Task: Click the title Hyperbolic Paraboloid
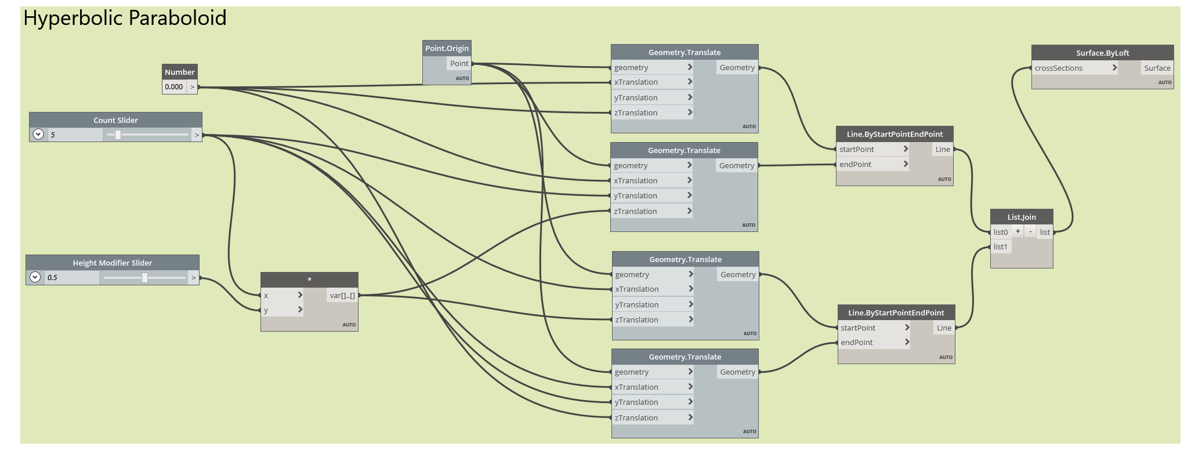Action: pos(125,19)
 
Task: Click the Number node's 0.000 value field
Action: pos(174,87)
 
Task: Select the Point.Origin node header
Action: pos(447,48)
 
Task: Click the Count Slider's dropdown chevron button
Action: pos(38,135)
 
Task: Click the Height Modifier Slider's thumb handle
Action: pos(144,278)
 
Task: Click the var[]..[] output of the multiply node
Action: pos(342,295)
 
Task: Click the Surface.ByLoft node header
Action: pos(1102,53)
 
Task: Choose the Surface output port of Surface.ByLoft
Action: pos(1157,68)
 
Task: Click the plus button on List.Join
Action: pos(1017,231)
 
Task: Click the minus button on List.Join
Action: pos(1030,231)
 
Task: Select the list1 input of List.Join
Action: pos(1001,246)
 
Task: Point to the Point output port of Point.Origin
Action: pos(459,64)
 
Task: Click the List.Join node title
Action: pos(1022,217)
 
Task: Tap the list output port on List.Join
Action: pos(1045,232)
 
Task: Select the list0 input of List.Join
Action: pos(1001,232)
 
